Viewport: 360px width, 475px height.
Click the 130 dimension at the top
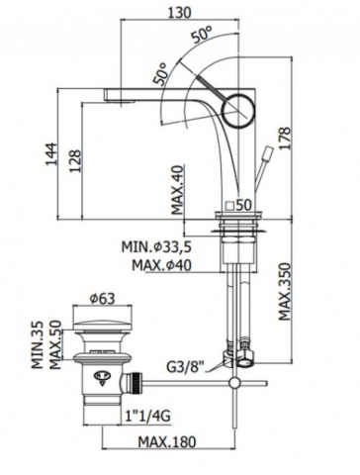[x=180, y=13]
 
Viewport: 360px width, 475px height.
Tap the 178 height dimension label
[x=285, y=139]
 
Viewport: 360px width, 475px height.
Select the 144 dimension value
[x=50, y=154]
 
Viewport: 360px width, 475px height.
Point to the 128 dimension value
[x=75, y=160]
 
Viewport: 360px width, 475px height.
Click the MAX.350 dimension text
[x=285, y=292]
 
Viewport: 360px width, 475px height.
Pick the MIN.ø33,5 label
[x=156, y=246]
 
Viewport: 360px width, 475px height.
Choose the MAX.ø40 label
[x=161, y=265]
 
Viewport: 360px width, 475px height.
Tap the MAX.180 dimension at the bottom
[x=167, y=441]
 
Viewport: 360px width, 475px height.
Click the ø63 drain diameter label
[x=103, y=299]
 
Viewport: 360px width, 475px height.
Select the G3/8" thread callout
[x=185, y=367]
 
